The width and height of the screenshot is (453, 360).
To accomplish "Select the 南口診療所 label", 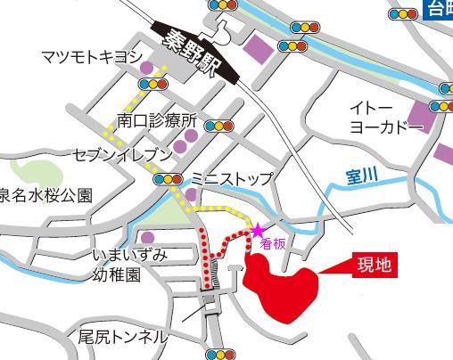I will click(x=156, y=120).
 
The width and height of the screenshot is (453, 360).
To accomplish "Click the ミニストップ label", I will click(x=232, y=178).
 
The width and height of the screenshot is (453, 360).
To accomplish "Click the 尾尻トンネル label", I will click(x=121, y=336).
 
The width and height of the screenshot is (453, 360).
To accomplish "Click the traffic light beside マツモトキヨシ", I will click(x=158, y=84).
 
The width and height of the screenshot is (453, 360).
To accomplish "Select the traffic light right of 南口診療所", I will click(x=218, y=126).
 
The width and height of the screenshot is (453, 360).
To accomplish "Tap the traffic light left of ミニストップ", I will click(x=166, y=180).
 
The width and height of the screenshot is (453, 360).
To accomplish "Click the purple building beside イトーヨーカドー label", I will click(x=419, y=115).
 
